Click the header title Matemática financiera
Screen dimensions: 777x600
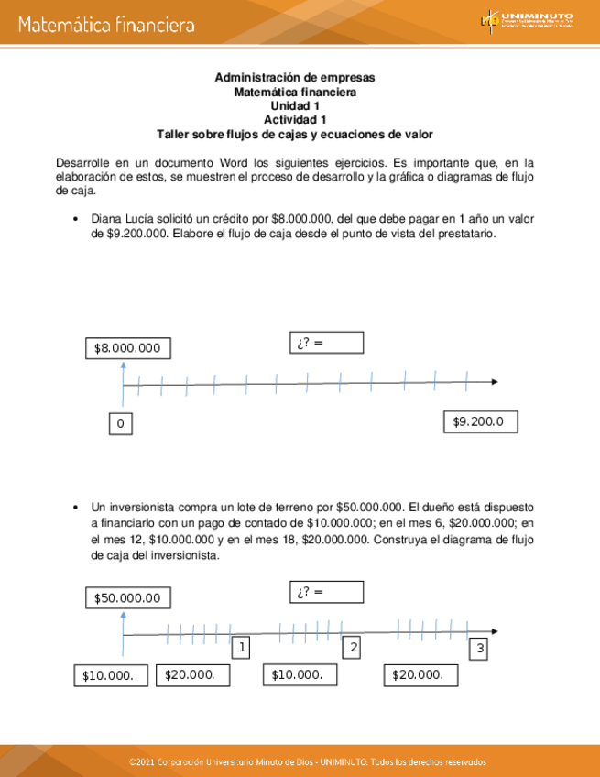[x=105, y=25]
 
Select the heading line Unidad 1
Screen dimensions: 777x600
[x=295, y=105]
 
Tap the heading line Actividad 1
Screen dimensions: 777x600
[x=295, y=119]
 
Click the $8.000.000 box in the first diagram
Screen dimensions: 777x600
[x=127, y=348]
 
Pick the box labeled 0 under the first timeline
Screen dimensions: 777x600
[x=119, y=424]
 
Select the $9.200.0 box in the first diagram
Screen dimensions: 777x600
[x=480, y=421]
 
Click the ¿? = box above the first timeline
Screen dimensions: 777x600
[x=326, y=342]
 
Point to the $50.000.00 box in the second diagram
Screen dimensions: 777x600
[x=127, y=597]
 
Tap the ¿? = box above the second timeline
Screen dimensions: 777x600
[x=326, y=591]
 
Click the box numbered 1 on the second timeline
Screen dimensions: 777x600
[x=242, y=648]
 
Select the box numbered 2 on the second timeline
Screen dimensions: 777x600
[x=352, y=648]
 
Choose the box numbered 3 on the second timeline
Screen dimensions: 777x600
[x=480, y=650]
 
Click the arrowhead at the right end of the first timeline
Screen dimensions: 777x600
[x=494, y=381]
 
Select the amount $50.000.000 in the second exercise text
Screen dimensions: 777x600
[x=370, y=507]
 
